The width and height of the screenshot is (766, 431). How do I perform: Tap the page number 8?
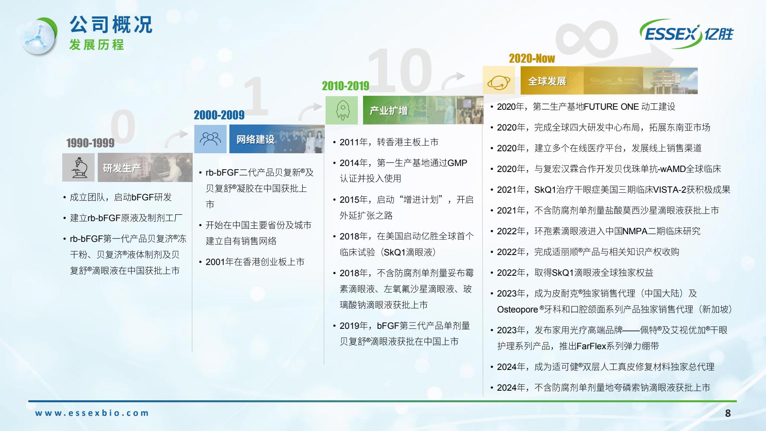pos(728,413)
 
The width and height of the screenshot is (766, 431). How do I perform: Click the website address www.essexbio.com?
pos(92,413)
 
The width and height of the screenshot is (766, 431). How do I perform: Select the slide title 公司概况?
pos(111,25)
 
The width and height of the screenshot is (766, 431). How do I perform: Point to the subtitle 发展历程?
pos(97,45)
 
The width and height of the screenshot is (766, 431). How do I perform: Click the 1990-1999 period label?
pos(90,143)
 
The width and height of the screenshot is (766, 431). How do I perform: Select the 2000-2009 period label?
pos(219,115)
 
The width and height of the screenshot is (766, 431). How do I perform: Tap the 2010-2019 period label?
pos(345,86)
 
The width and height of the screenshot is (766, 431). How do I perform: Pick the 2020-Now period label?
pos(532,59)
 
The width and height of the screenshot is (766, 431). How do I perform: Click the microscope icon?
pos(79,168)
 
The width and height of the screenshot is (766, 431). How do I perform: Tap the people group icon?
pos(210,139)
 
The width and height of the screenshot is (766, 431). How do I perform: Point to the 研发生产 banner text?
pos(122,168)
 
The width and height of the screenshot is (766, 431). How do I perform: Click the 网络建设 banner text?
pos(255,139)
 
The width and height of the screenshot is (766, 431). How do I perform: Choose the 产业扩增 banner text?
pos(389,111)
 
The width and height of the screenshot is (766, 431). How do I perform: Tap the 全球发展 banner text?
pos(547,81)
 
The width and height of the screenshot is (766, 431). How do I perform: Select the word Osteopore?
pos(517,310)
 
